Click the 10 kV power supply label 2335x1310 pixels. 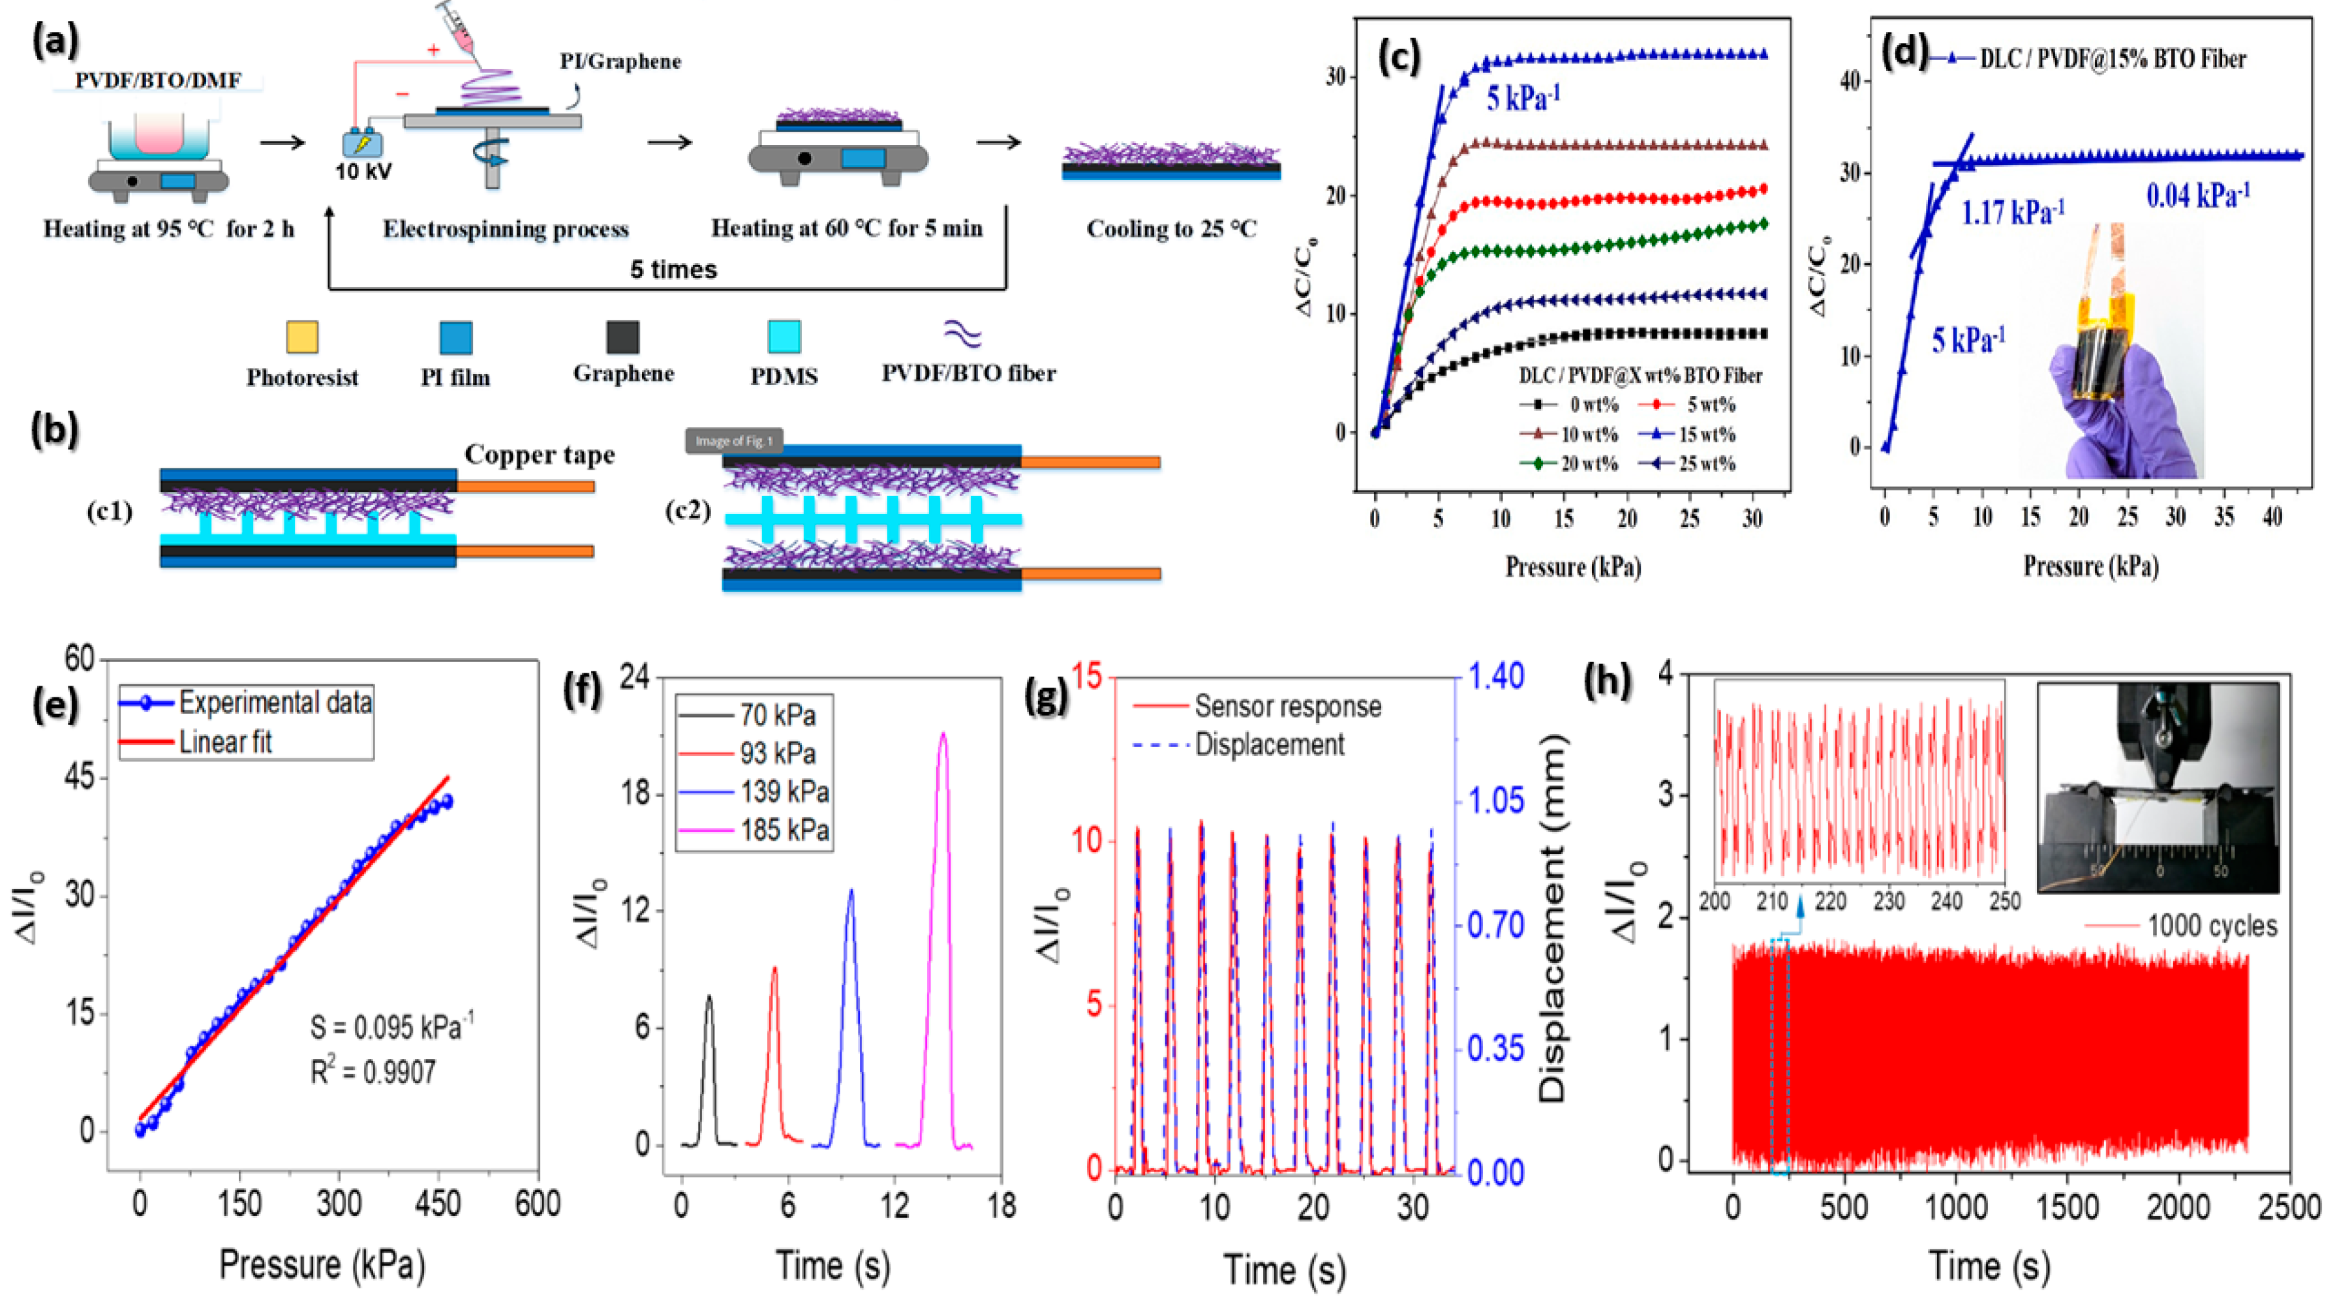(x=363, y=172)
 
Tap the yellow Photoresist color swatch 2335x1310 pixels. (x=302, y=337)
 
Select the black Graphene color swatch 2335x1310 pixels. (x=622, y=337)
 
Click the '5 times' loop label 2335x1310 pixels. (x=673, y=269)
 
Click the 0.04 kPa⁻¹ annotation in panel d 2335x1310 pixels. (x=2197, y=195)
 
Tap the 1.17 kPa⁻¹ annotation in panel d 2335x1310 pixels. (x=2012, y=213)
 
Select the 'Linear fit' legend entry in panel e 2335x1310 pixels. (x=225, y=742)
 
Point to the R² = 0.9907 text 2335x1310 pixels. (x=373, y=1073)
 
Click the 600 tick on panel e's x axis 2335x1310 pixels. (x=537, y=1204)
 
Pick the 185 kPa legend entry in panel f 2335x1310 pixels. (x=784, y=830)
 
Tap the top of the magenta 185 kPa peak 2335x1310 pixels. (x=943, y=735)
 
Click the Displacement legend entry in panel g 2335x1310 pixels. (x=1269, y=744)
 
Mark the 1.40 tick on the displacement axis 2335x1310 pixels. (x=1497, y=677)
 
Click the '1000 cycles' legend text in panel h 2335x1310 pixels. (x=2212, y=926)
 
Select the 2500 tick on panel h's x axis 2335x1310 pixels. (x=2290, y=1207)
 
